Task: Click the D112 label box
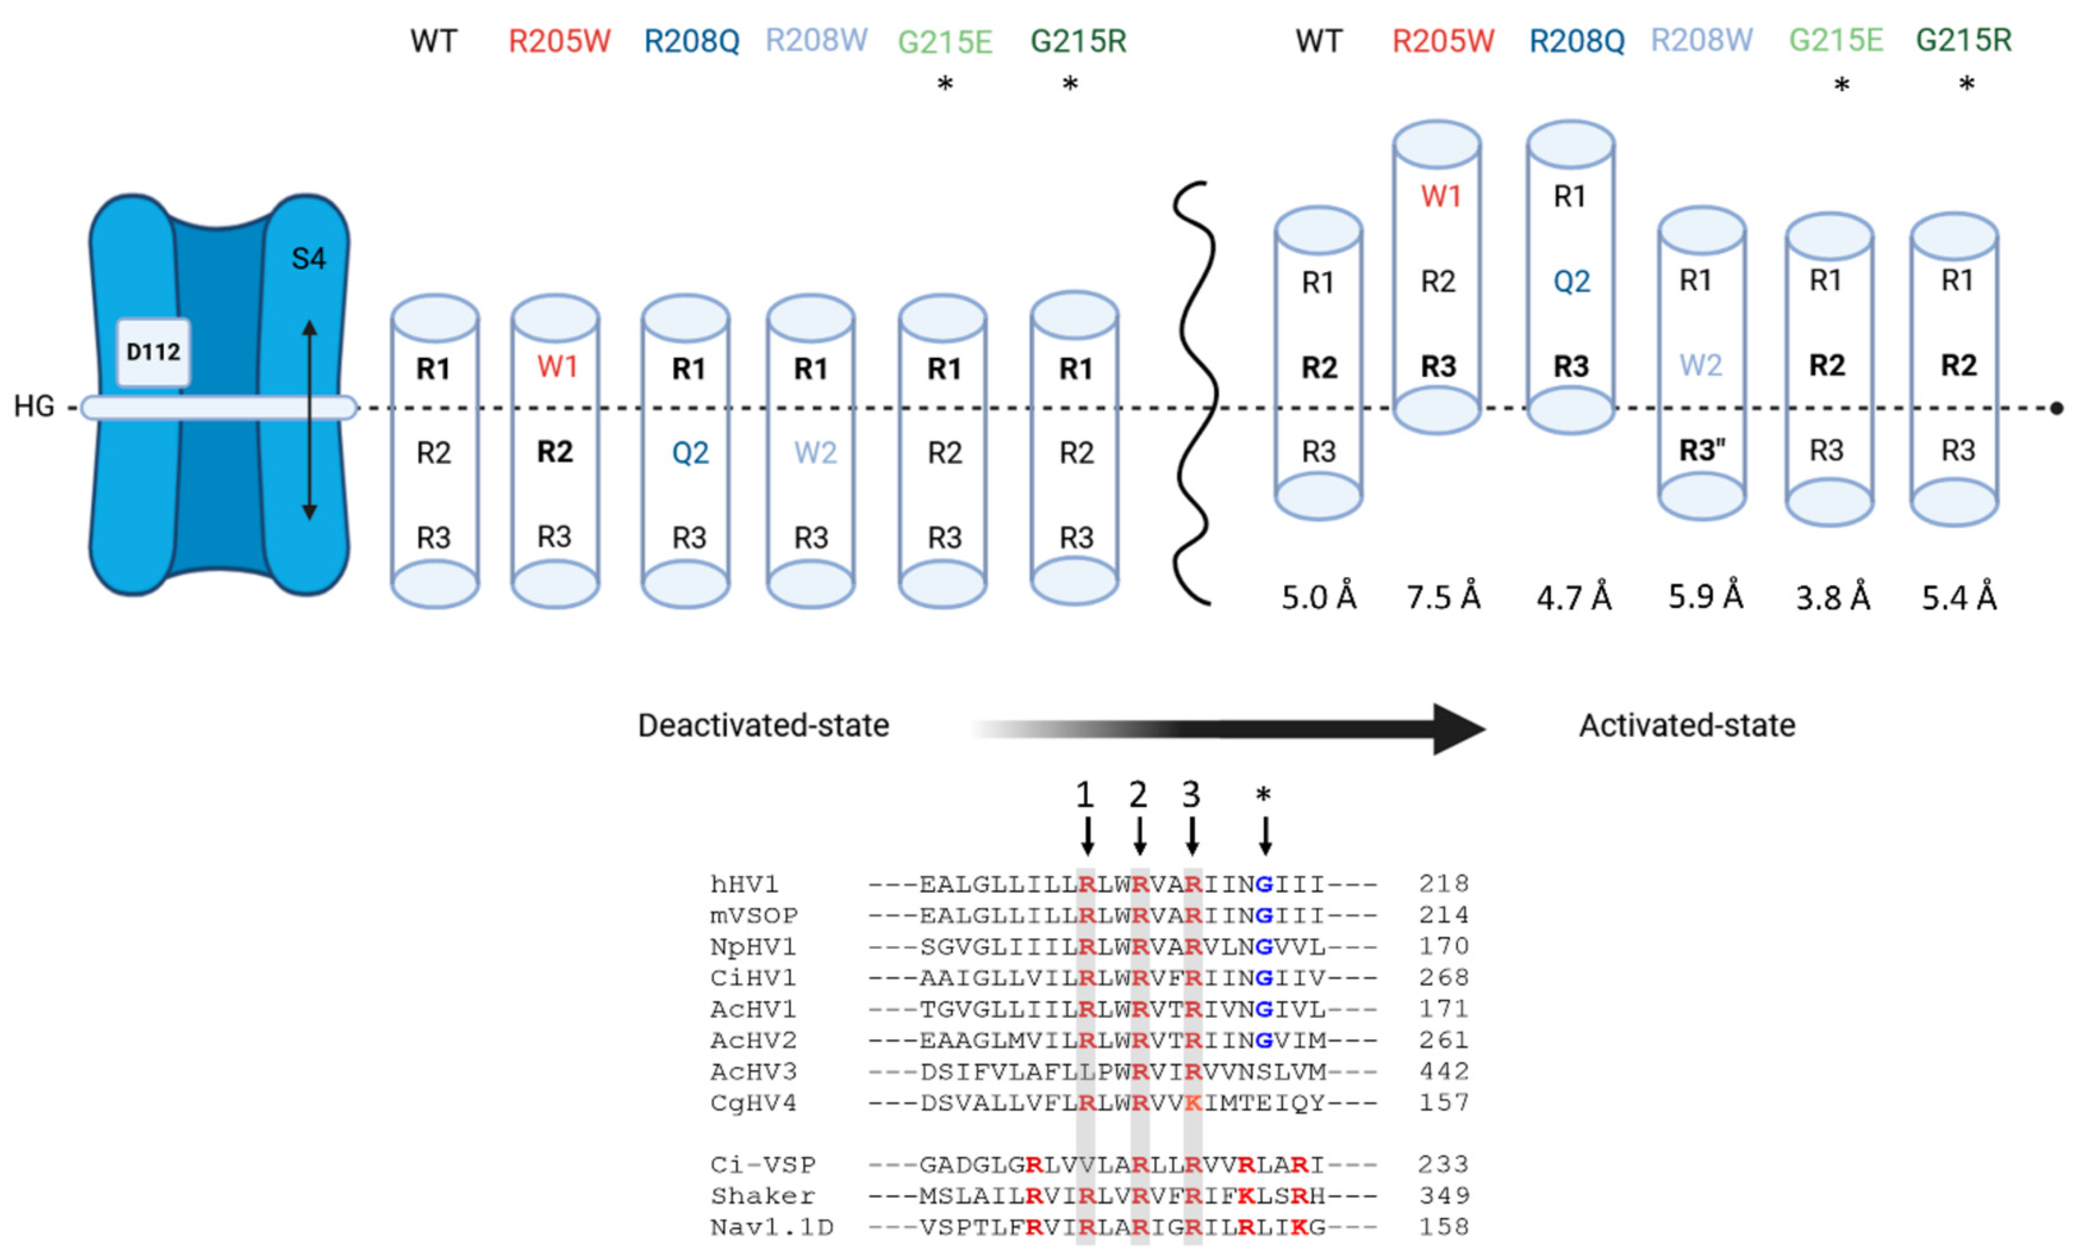(x=154, y=351)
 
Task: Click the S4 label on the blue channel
(x=308, y=258)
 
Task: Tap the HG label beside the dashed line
(x=34, y=407)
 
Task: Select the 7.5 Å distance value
(x=1443, y=597)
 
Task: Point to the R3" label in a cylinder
(x=1701, y=451)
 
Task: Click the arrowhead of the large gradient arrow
(x=1458, y=729)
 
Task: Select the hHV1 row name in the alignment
(x=744, y=884)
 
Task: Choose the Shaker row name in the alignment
(x=762, y=1196)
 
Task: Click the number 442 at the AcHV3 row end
(x=1443, y=1071)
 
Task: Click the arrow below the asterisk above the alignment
(x=1265, y=836)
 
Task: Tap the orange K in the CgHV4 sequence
(x=1193, y=1102)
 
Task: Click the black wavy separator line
(x=1196, y=394)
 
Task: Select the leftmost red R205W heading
(x=559, y=40)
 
